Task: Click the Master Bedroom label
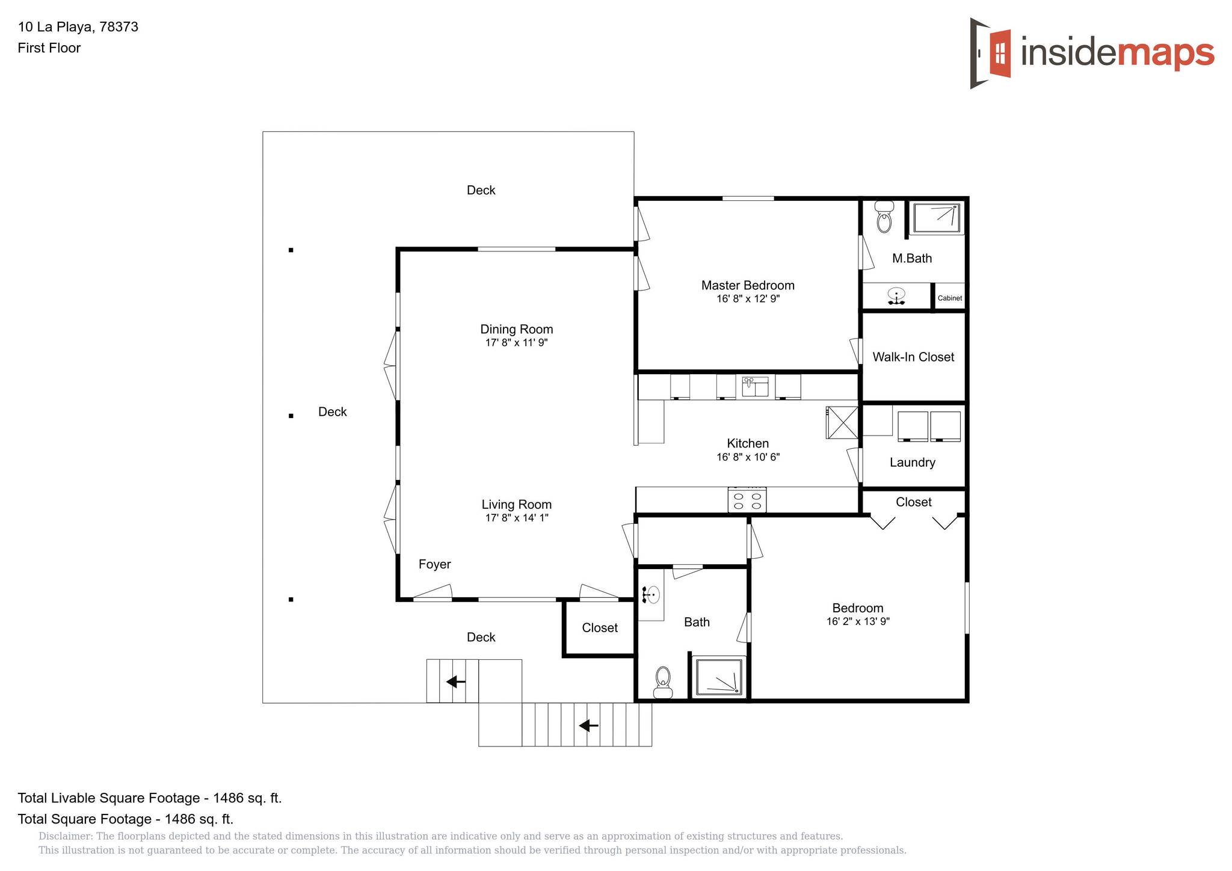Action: [x=748, y=285]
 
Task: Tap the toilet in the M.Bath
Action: [x=884, y=217]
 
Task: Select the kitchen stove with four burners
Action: [x=747, y=500]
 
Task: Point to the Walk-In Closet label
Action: [x=913, y=357]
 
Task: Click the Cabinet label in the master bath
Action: [x=950, y=298]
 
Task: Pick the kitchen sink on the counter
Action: [x=756, y=386]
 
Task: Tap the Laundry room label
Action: [x=913, y=462]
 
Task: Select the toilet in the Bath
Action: [x=663, y=682]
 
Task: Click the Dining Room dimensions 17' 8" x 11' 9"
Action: [x=517, y=343]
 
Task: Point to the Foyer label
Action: [x=434, y=564]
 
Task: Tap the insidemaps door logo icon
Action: [x=990, y=54]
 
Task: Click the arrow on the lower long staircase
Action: [x=588, y=725]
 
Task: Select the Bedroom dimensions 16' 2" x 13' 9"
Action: [x=858, y=621]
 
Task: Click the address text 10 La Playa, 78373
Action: [x=78, y=26]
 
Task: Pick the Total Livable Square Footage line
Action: [x=150, y=798]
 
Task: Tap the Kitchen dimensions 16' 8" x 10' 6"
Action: [x=748, y=457]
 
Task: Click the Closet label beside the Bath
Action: [x=600, y=627]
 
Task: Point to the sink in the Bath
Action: [x=650, y=595]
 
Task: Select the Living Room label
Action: [x=517, y=504]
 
